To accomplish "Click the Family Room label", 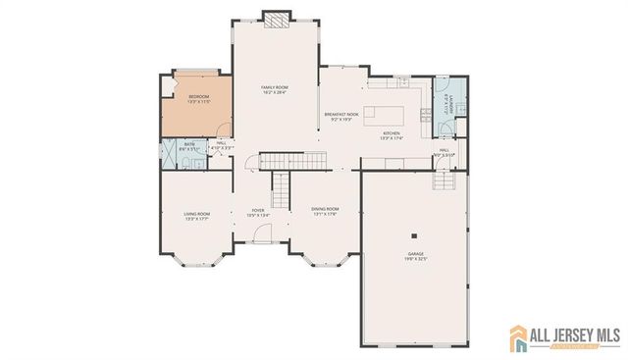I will pos(274,89).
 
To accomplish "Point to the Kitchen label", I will pos(391,135).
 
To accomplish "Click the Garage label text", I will pos(417,257).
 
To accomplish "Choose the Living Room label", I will pos(197,216).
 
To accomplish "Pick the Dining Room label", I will pos(325,211).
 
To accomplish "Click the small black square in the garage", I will pos(416,235).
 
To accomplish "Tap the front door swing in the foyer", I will pos(261,234).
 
